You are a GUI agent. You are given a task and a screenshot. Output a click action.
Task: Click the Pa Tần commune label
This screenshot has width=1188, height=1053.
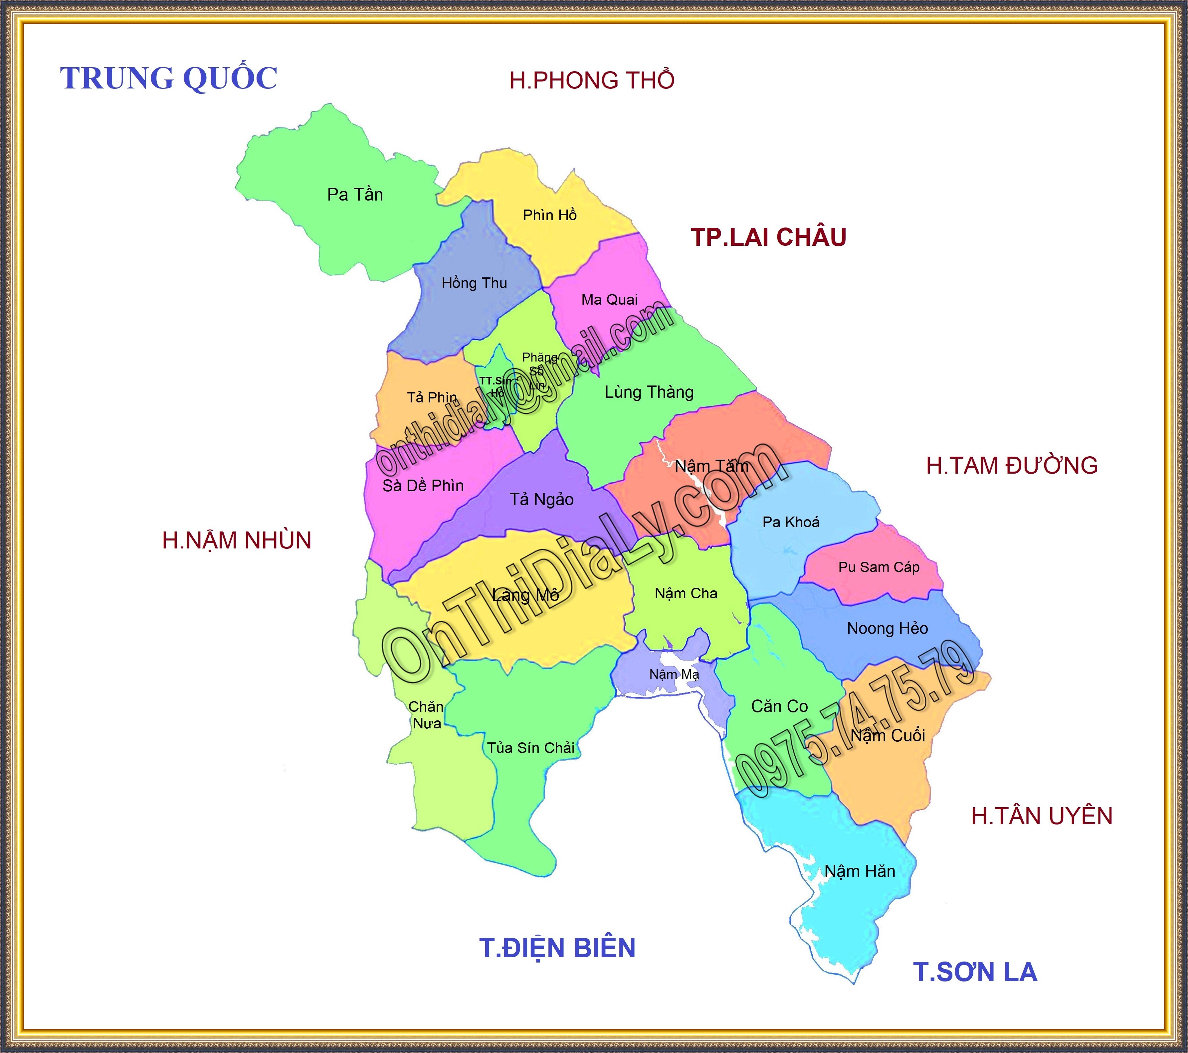[355, 195]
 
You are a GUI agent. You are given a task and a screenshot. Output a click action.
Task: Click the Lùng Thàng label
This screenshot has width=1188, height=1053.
[649, 392]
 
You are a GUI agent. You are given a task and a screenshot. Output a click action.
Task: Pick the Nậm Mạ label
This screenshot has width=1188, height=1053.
[674, 674]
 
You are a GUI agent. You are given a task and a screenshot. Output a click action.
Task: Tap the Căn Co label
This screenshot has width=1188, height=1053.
[779, 706]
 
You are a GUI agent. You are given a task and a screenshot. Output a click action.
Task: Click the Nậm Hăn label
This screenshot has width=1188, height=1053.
[860, 871]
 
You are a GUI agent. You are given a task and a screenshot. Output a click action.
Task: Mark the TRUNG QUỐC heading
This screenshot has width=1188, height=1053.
[169, 78]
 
